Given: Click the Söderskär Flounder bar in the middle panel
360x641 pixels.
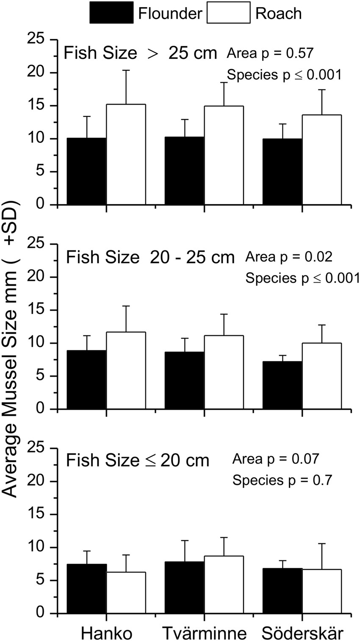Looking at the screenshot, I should pos(282,385).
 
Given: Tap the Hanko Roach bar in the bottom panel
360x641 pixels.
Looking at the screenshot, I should pos(126,593).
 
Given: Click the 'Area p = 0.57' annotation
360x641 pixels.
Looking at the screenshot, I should pos(270,53).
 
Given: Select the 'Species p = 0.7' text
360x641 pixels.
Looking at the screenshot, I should pos(282,480).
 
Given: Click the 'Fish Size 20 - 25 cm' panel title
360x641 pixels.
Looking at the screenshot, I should pos(150,257).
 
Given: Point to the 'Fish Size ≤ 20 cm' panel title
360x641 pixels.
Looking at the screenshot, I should pos(138,461).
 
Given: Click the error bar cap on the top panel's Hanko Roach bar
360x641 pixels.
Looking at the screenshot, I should pos(126,70).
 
